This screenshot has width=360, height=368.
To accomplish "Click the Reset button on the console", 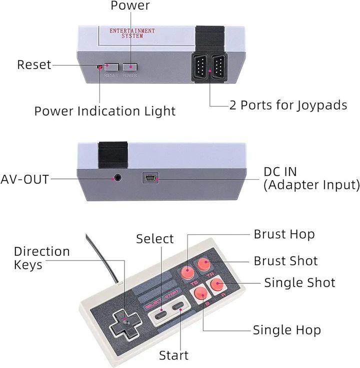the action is click(111, 67).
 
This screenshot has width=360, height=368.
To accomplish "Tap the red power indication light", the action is click(99, 68).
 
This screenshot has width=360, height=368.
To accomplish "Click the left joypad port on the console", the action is click(199, 67).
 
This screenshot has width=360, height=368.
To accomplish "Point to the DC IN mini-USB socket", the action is click(150, 178).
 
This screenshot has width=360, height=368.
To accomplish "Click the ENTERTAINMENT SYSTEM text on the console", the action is click(132, 33).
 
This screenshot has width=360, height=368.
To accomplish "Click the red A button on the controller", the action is click(217, 284).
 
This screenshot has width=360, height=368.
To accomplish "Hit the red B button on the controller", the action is click(201, 293).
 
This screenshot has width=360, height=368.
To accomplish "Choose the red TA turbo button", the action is click(203, 264).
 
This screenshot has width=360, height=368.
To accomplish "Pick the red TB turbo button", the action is click(187, 272).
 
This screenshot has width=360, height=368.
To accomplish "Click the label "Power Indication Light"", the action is click(105, 111).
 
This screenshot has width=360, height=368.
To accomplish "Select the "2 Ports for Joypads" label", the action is click(288, 105).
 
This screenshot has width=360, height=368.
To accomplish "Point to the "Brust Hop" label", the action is click(284, 234).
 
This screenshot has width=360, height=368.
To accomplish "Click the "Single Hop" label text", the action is click(287, 330).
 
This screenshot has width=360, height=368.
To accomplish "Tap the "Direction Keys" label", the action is click(41, 258).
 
